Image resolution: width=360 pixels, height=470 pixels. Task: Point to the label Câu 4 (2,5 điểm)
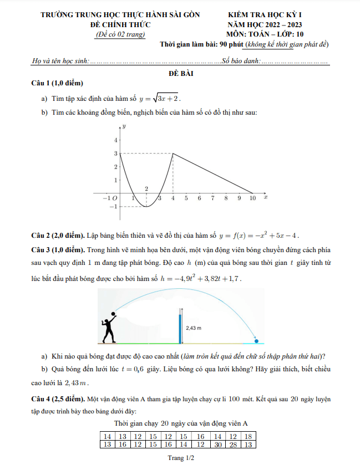58,398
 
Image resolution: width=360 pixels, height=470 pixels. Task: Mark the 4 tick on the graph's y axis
116,140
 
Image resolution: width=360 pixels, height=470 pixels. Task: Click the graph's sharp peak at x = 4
173,154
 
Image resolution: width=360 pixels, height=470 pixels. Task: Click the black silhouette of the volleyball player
109,329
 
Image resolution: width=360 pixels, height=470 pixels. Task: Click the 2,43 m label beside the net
193,328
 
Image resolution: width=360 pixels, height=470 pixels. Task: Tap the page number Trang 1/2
180,459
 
